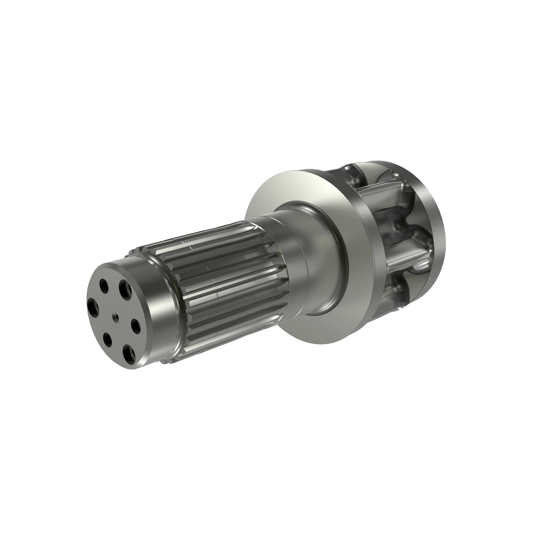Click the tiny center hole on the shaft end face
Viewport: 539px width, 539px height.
(x=116, y=318)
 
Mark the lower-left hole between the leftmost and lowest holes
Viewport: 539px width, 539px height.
(x=107, y=339)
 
